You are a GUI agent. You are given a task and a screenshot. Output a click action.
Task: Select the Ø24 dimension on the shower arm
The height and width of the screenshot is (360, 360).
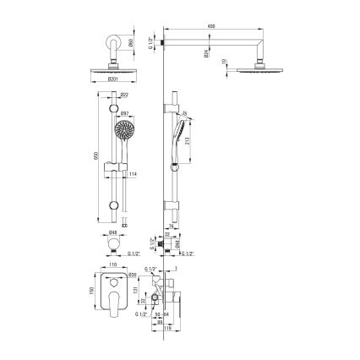click(205, 54)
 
